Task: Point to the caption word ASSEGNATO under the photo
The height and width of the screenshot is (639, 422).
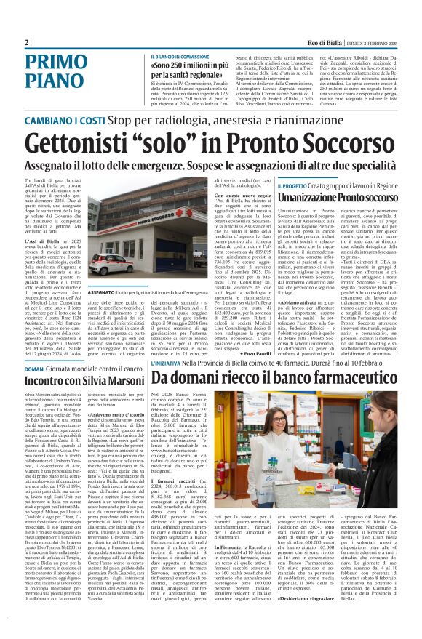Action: (104, 292)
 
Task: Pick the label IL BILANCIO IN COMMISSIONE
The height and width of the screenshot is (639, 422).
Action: (180, 56)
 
